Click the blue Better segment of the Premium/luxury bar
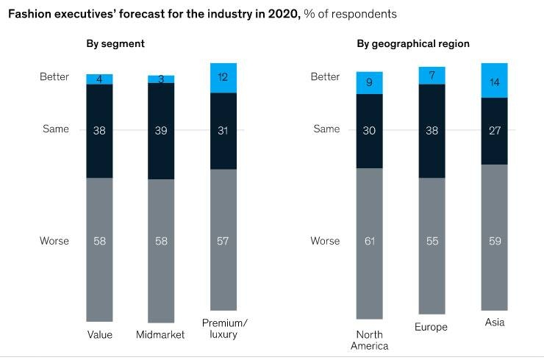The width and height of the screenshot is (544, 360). tap(223, 78)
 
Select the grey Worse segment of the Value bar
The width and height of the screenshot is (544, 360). tap(99, 250)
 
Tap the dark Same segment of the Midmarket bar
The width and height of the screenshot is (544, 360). tap(161, 131)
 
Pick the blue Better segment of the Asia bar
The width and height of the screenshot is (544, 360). tap(494, 80)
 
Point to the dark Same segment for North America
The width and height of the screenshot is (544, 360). tap(369, 131)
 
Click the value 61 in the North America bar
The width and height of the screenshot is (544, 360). tap(369, 241)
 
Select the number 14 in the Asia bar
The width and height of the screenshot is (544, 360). tap(494, 82)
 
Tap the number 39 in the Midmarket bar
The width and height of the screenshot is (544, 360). tap(161, 131)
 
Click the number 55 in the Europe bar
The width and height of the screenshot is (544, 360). tap(432, 241)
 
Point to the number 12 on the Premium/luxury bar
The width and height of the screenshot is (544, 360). tap(223, 76)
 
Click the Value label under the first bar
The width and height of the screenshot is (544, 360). tap(99, 335)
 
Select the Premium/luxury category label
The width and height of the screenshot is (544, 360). tap(223, 328)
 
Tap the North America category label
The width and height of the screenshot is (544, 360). tap(369, 340)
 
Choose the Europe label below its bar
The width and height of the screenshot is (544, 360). tap(432, 328)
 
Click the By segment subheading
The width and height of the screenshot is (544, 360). tap(115, 43)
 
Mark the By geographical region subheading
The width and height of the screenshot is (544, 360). tap(413, 43)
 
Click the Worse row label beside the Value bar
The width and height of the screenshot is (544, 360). tap(54, 241)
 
